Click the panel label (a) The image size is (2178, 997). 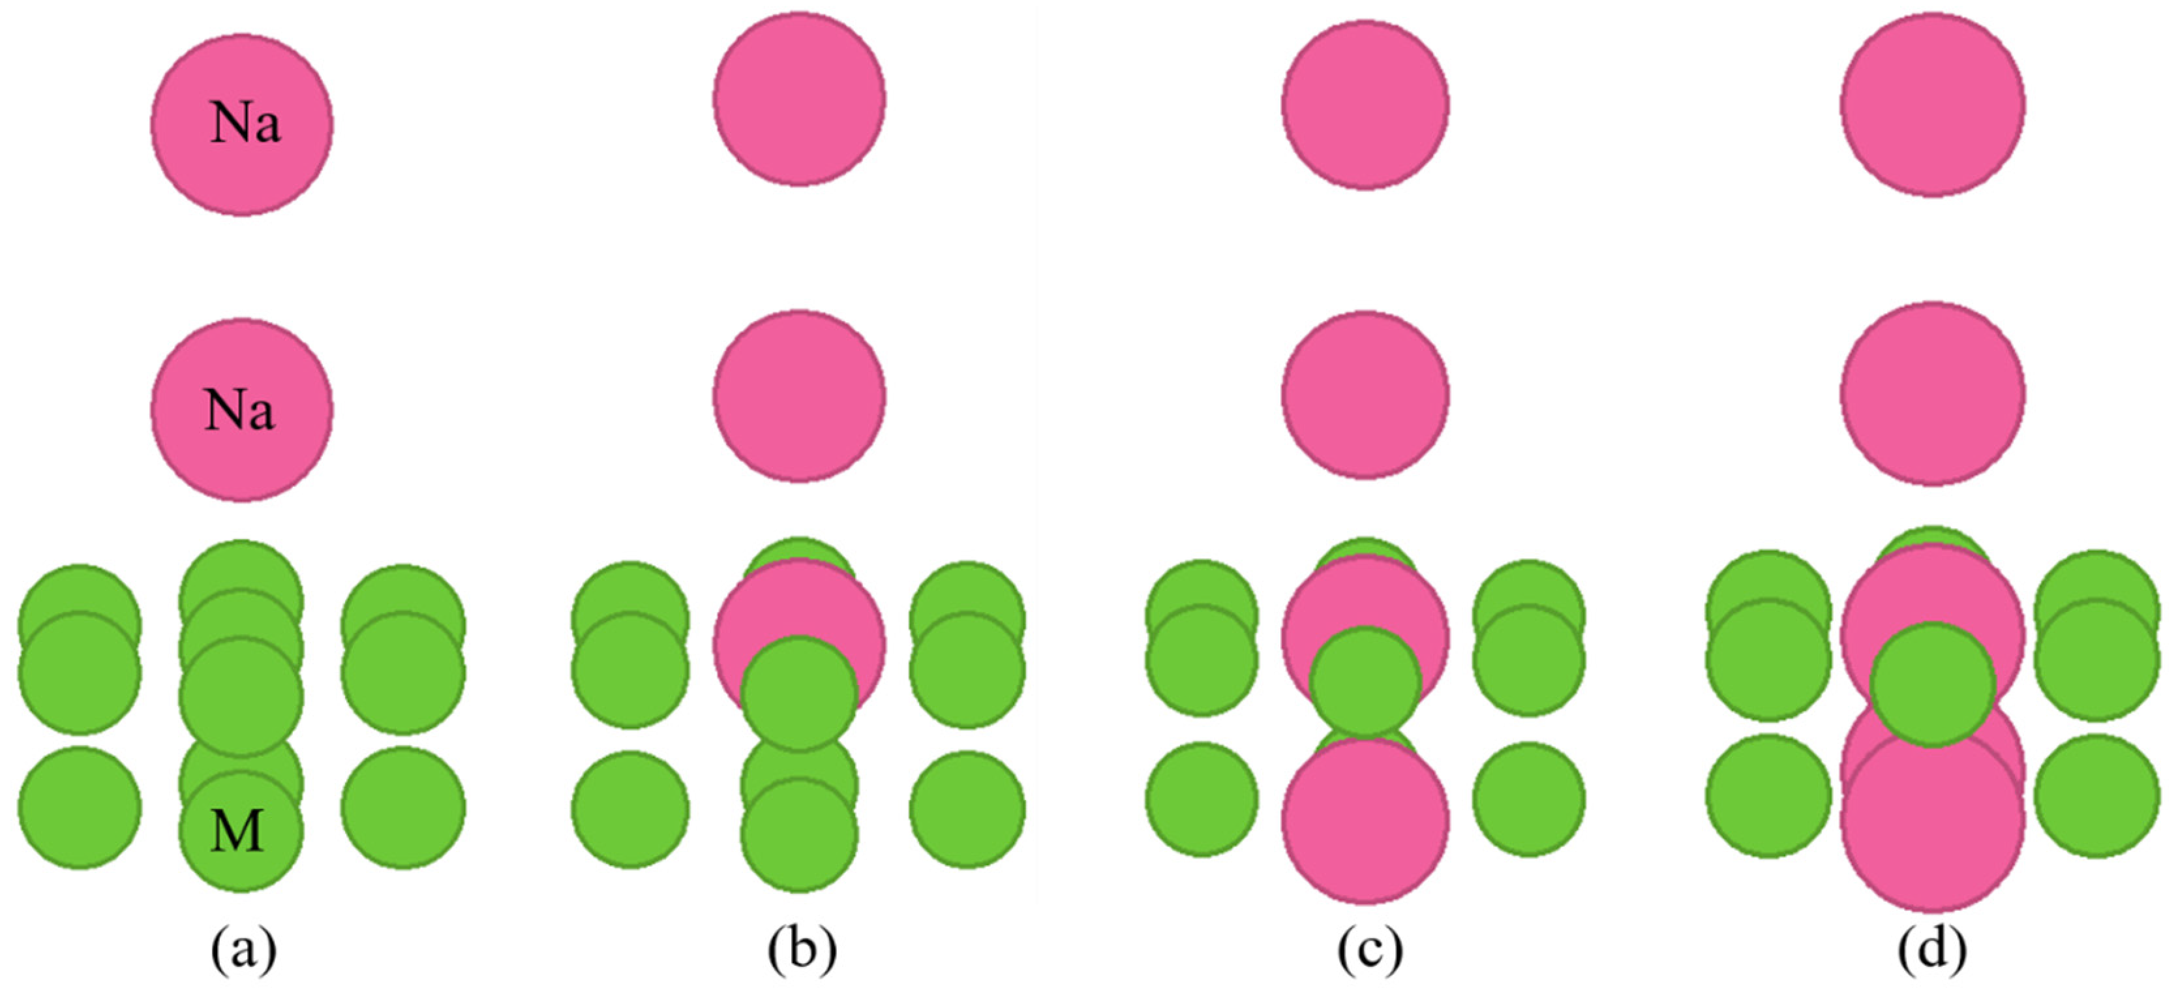pos(243,951)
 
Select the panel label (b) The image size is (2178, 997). pos(802,951)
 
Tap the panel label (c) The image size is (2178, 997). pos(1370,951)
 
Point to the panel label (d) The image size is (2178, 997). pos(1932,951)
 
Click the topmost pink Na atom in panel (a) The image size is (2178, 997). pos(242,125)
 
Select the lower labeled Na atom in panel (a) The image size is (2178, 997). pos(242,410)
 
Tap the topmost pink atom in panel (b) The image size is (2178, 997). pos(799,99)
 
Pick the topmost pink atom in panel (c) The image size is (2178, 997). pos(1365,105)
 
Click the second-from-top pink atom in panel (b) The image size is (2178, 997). pos(799,396)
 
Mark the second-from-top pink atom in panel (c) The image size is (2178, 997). pos(1365,395)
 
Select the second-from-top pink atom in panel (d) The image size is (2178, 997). pos(1933,394)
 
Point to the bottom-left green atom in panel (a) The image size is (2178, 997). pos(80,808)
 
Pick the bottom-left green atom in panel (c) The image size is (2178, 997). pos(1202,799)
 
